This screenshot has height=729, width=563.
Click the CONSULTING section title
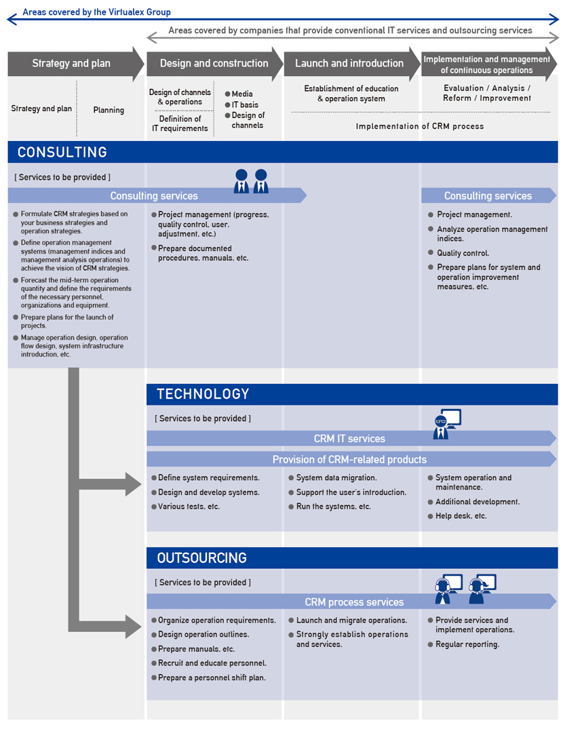pyautogui.click(x=62, y=152)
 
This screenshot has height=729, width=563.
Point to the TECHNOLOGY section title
pyautogui.click(x=203, y=394)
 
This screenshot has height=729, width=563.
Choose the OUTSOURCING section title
pyautogui.click(x=201, y=558)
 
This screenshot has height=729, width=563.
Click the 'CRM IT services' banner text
pyautogui.click(x=349, y=439)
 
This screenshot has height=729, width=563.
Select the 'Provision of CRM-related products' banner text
pyautogui.click(x=349, y=459)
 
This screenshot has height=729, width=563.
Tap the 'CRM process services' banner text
pyautogui.click(x=354, y=602)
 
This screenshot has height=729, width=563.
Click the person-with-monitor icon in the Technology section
pyautogui.click(x=447, y=424)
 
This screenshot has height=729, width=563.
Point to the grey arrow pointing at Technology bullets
pyautogui.click(x=110, y=484)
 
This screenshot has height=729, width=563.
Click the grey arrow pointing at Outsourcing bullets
pyautogui.click(x=110, y=626)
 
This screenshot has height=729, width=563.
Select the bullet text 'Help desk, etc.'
pyautogui.click(x=461, y=516)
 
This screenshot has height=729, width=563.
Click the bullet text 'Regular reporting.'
pyautogui.click(x=467, y=644)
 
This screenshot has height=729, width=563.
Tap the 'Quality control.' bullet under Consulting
pyautogui.click(x=463, y=253)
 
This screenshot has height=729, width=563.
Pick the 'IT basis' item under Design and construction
pyautogui.click(x=245, y=104)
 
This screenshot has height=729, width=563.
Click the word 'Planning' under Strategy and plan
pyautogui.click(x=109, y=110)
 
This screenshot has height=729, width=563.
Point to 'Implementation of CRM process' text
pyautogui.click(x=420, y=126)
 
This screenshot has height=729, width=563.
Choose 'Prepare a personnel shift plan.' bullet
pyautogui.click(x=212, y=678)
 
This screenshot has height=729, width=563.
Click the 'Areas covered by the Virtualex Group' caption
pyautogui.click(x=97, y=12)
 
